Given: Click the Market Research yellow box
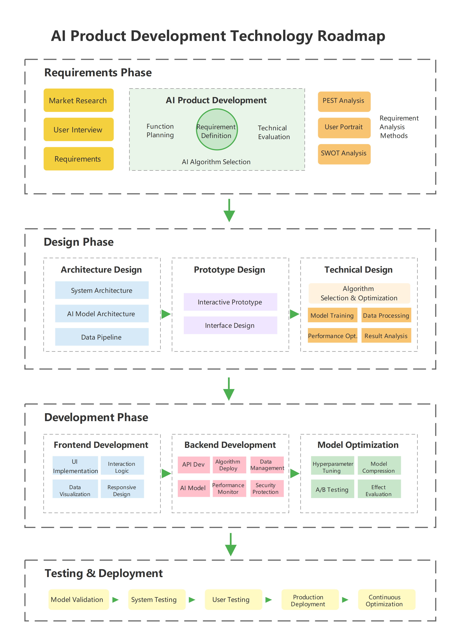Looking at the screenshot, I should (78, 100).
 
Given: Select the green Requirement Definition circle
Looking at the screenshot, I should (217, 129).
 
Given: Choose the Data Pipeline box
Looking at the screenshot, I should (101, 337).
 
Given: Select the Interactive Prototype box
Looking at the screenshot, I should (230, 302).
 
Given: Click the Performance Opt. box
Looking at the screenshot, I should (332, 336).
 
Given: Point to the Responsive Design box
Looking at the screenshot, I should (122, 488).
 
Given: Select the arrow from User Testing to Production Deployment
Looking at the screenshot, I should (269, 600).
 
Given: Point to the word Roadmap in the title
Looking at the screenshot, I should (351, 36).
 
